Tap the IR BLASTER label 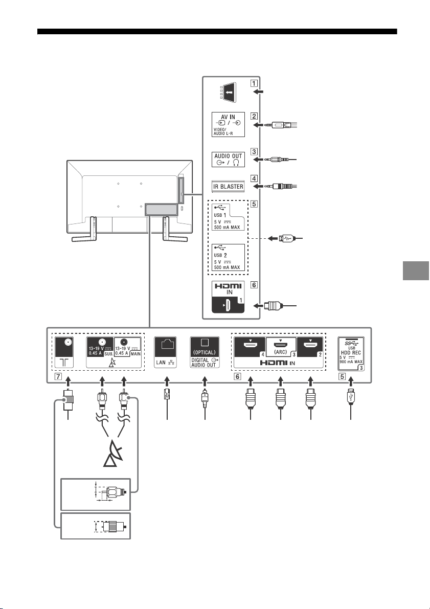pos(228,187)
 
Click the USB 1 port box pos(229,216)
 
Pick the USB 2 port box pos(229,257)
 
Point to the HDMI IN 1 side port pos(229,297)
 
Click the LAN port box pos(166,352)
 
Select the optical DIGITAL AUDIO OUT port pos(205,352)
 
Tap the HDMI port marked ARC pos(281,347)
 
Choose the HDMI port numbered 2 pos(310,347)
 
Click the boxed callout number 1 pos(254,83)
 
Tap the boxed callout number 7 pos(58,376)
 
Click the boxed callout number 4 pos(254,178)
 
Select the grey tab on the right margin pos(416,270)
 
